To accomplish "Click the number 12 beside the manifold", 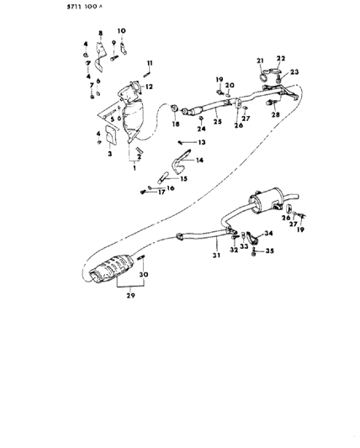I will tap(149, 87).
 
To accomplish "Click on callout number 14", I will tap(199, 159).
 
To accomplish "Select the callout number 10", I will tap(121, 31).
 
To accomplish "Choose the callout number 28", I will tap(274, 114).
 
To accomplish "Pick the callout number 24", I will tap(202, 130).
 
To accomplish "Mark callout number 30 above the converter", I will tap(144, 276).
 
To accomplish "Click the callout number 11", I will tap(150, 64).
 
